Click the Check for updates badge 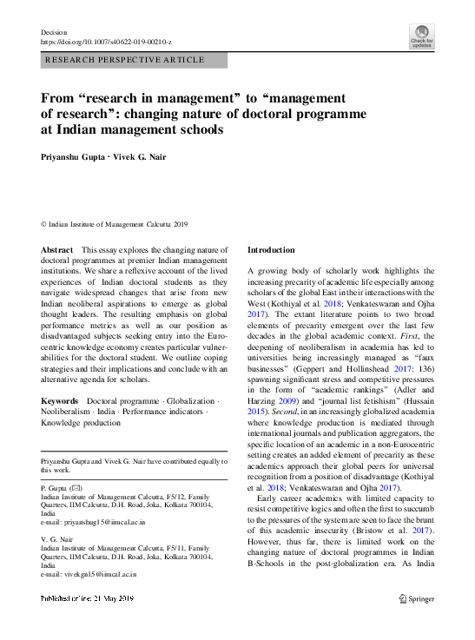pos(421,36)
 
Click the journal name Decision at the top pos(55,32)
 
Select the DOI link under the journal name pos(106,42)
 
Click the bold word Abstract pos(57,250)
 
